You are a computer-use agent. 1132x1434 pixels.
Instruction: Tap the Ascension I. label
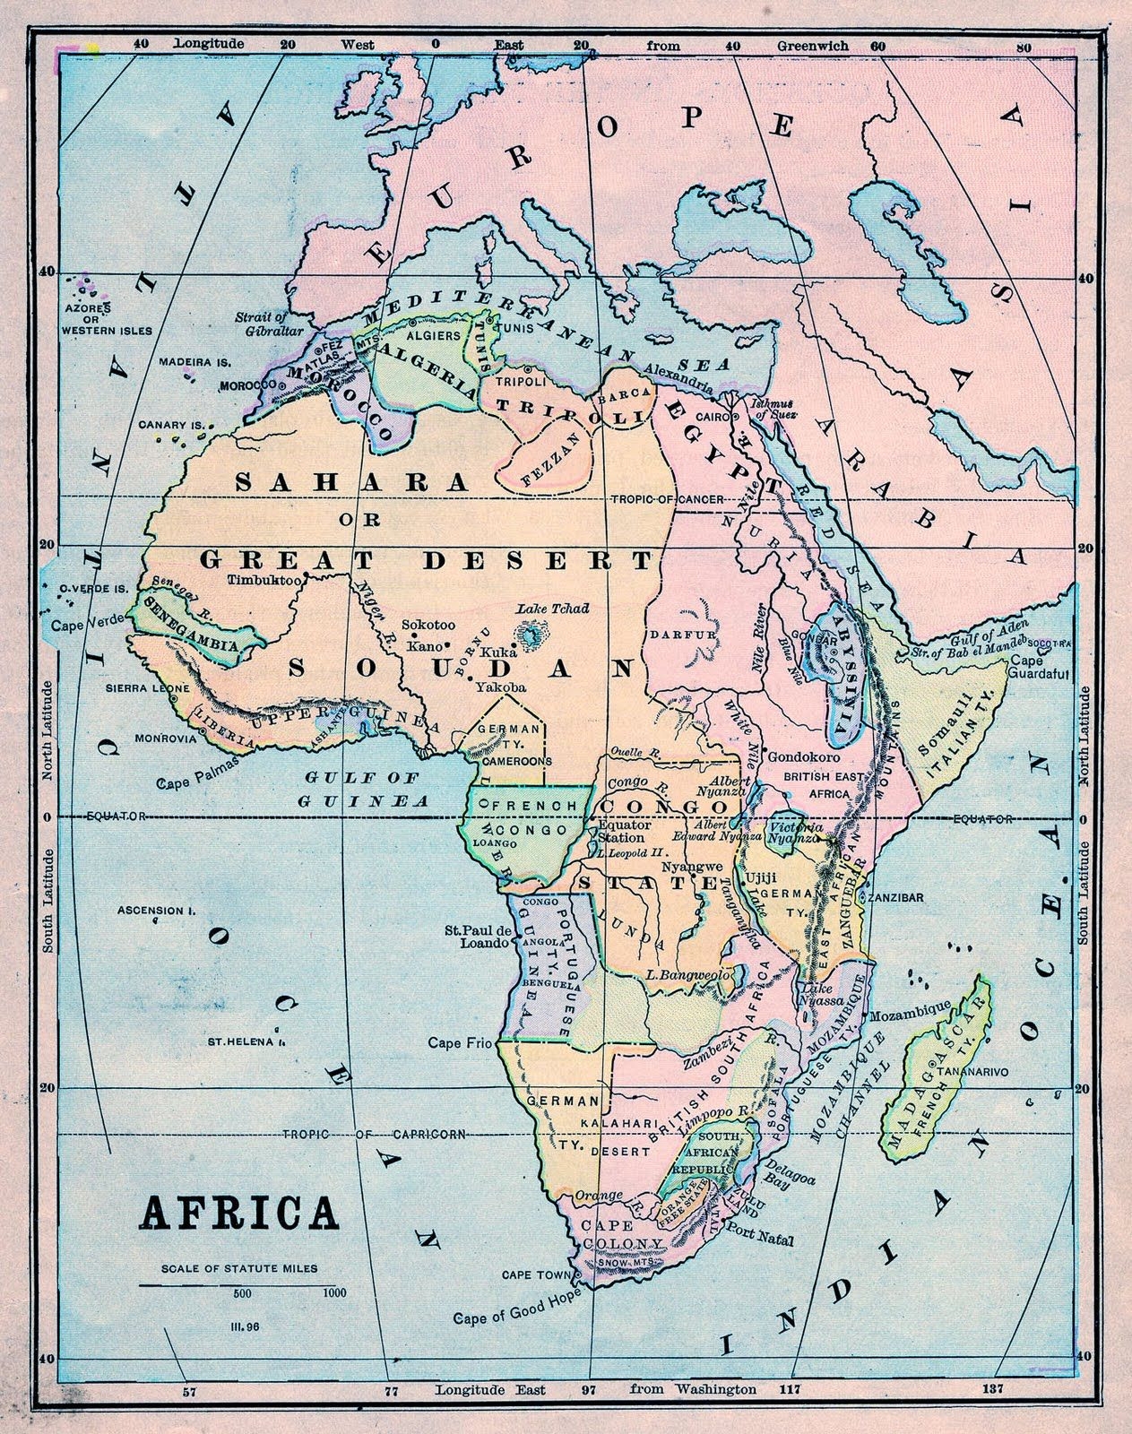tap(157, 911)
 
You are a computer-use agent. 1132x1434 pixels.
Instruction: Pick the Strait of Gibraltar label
tap(261, 323)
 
